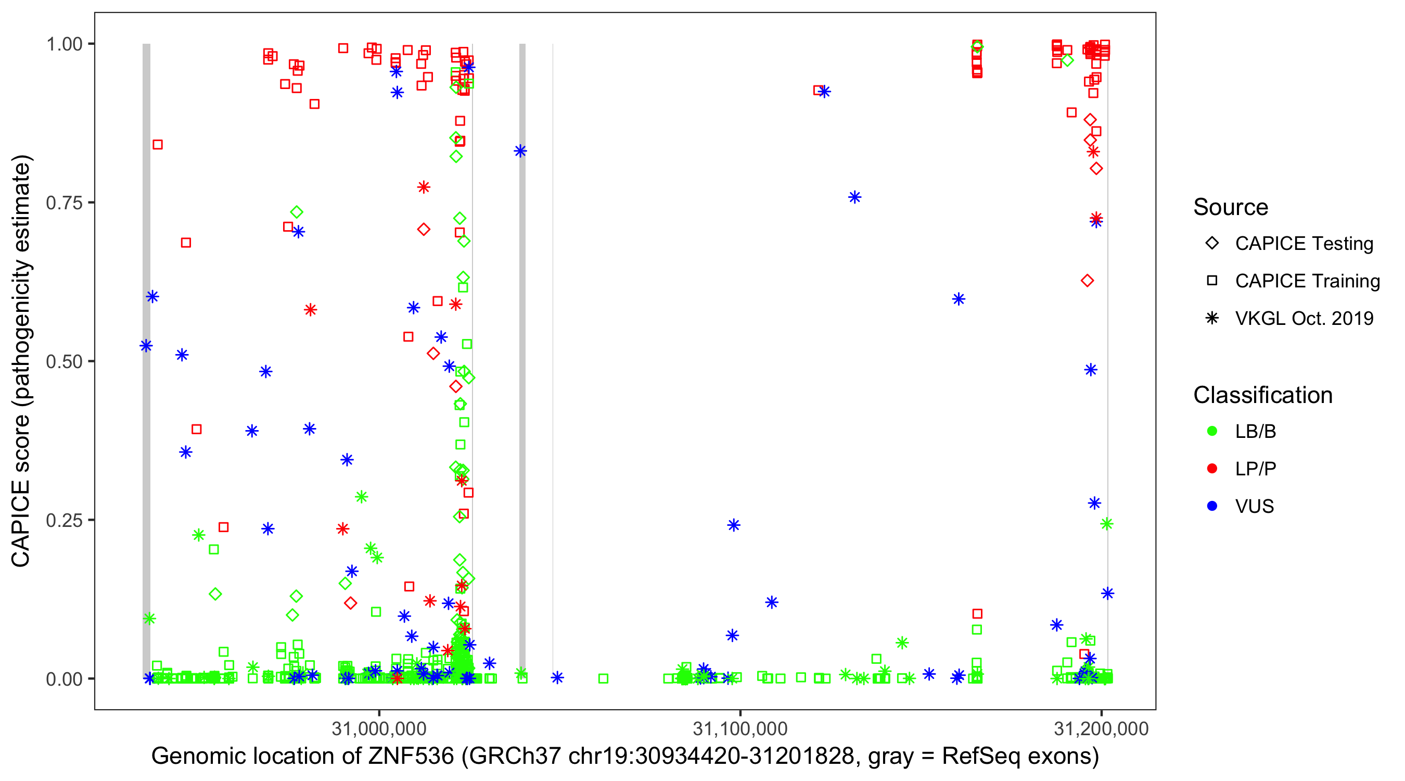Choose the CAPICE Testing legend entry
pos(1304,244)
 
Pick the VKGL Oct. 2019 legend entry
pos(1304,318)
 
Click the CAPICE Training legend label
pos(1307,281)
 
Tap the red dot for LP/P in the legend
pos(1212,469)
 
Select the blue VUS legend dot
pos(1212,506)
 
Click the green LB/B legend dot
pos(1212,431)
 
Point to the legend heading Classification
pos(1262,395)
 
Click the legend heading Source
pos(1231,207)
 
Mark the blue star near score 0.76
pos(854,197)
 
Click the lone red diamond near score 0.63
pos(1087,281)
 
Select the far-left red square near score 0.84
pos(158,145)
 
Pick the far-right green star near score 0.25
pos(1106,524)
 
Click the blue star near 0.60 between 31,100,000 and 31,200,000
pos(959,299)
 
